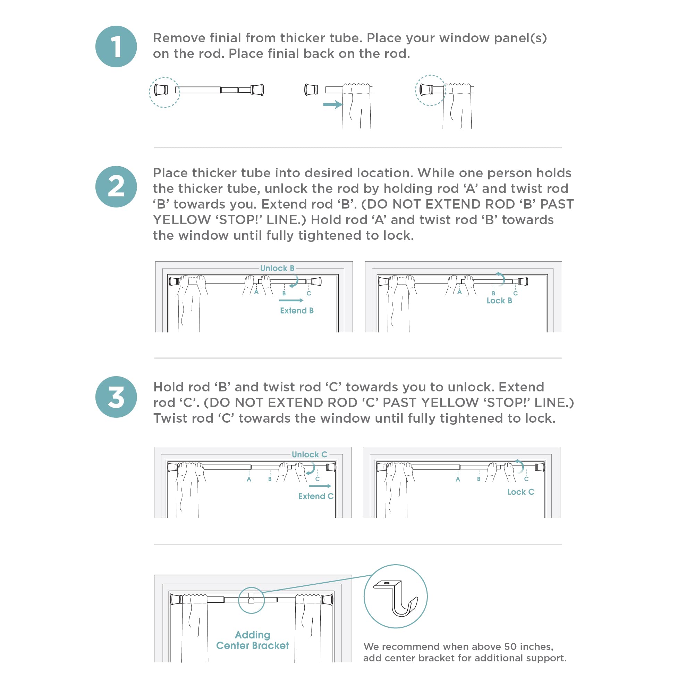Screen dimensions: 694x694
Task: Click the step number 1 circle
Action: click(x=116, y=46)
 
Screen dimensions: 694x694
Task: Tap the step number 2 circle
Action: click(x=116, y=186)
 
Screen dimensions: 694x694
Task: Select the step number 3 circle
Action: click(x=116, y=397)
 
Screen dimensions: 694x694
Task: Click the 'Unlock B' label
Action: click(x=277, y=268)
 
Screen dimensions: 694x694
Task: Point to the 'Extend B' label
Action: click(x=297, y=311)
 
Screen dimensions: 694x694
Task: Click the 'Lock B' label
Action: click(x=499, y=301)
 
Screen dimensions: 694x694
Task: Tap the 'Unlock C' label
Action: click(x=309, y=455)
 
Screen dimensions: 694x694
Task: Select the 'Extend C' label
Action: click(x=316, y=496)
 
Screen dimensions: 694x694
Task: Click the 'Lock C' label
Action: click(x=520, y=492)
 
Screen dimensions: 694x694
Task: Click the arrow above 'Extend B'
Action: click(x=291, y=300)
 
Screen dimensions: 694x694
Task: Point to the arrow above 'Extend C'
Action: click(x=320, y=486)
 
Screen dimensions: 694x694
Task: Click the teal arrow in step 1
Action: click(x=332, y=104)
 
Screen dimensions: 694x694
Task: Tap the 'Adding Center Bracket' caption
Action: click(x=252, y=640)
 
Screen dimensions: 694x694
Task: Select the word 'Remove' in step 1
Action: click(x=178, y=38)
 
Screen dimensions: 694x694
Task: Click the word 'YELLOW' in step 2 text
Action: click(x=182, y=220)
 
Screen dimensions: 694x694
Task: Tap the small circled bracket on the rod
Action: click(x=251, y=600)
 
